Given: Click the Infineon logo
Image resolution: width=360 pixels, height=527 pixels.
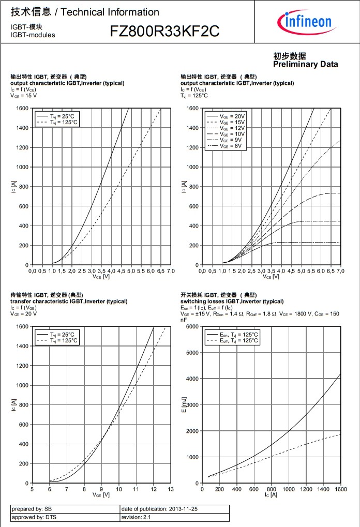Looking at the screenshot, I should [305, 21].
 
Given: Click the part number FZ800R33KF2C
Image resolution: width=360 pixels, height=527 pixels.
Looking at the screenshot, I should [164, 32].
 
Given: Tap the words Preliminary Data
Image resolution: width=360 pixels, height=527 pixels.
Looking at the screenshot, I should [306, 64].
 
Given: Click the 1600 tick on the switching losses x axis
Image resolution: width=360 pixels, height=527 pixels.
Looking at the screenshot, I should [341, 489].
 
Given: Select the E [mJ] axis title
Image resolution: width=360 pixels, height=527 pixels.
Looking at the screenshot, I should [184, 405].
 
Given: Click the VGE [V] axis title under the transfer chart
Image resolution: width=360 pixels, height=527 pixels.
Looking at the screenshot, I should [101, 495].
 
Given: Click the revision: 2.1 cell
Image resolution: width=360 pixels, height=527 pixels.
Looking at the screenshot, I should [136, 517].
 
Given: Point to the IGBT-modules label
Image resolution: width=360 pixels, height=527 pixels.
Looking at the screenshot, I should [32, 35].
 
